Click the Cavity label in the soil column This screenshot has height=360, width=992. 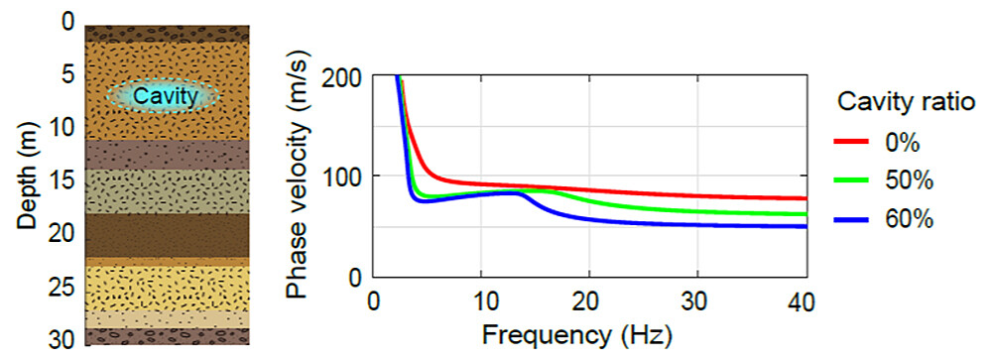point(162,96)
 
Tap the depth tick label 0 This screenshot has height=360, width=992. point(66,20)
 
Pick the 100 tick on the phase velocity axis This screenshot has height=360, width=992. point(346,176)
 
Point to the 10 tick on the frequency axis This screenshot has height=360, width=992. point(480,300)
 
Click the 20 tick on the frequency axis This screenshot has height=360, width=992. point(589,300)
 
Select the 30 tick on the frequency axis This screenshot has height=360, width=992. point(697,300)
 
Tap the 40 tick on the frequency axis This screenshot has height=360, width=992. point(805,300)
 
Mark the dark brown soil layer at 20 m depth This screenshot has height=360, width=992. point(167,235)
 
